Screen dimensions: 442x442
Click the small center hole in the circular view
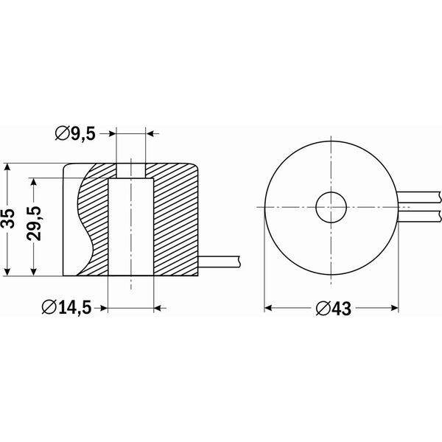(331, 208)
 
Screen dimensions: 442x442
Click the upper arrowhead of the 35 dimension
(9, 169)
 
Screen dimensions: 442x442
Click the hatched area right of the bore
(177, 221)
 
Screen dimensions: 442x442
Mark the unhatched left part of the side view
(71, 221)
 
